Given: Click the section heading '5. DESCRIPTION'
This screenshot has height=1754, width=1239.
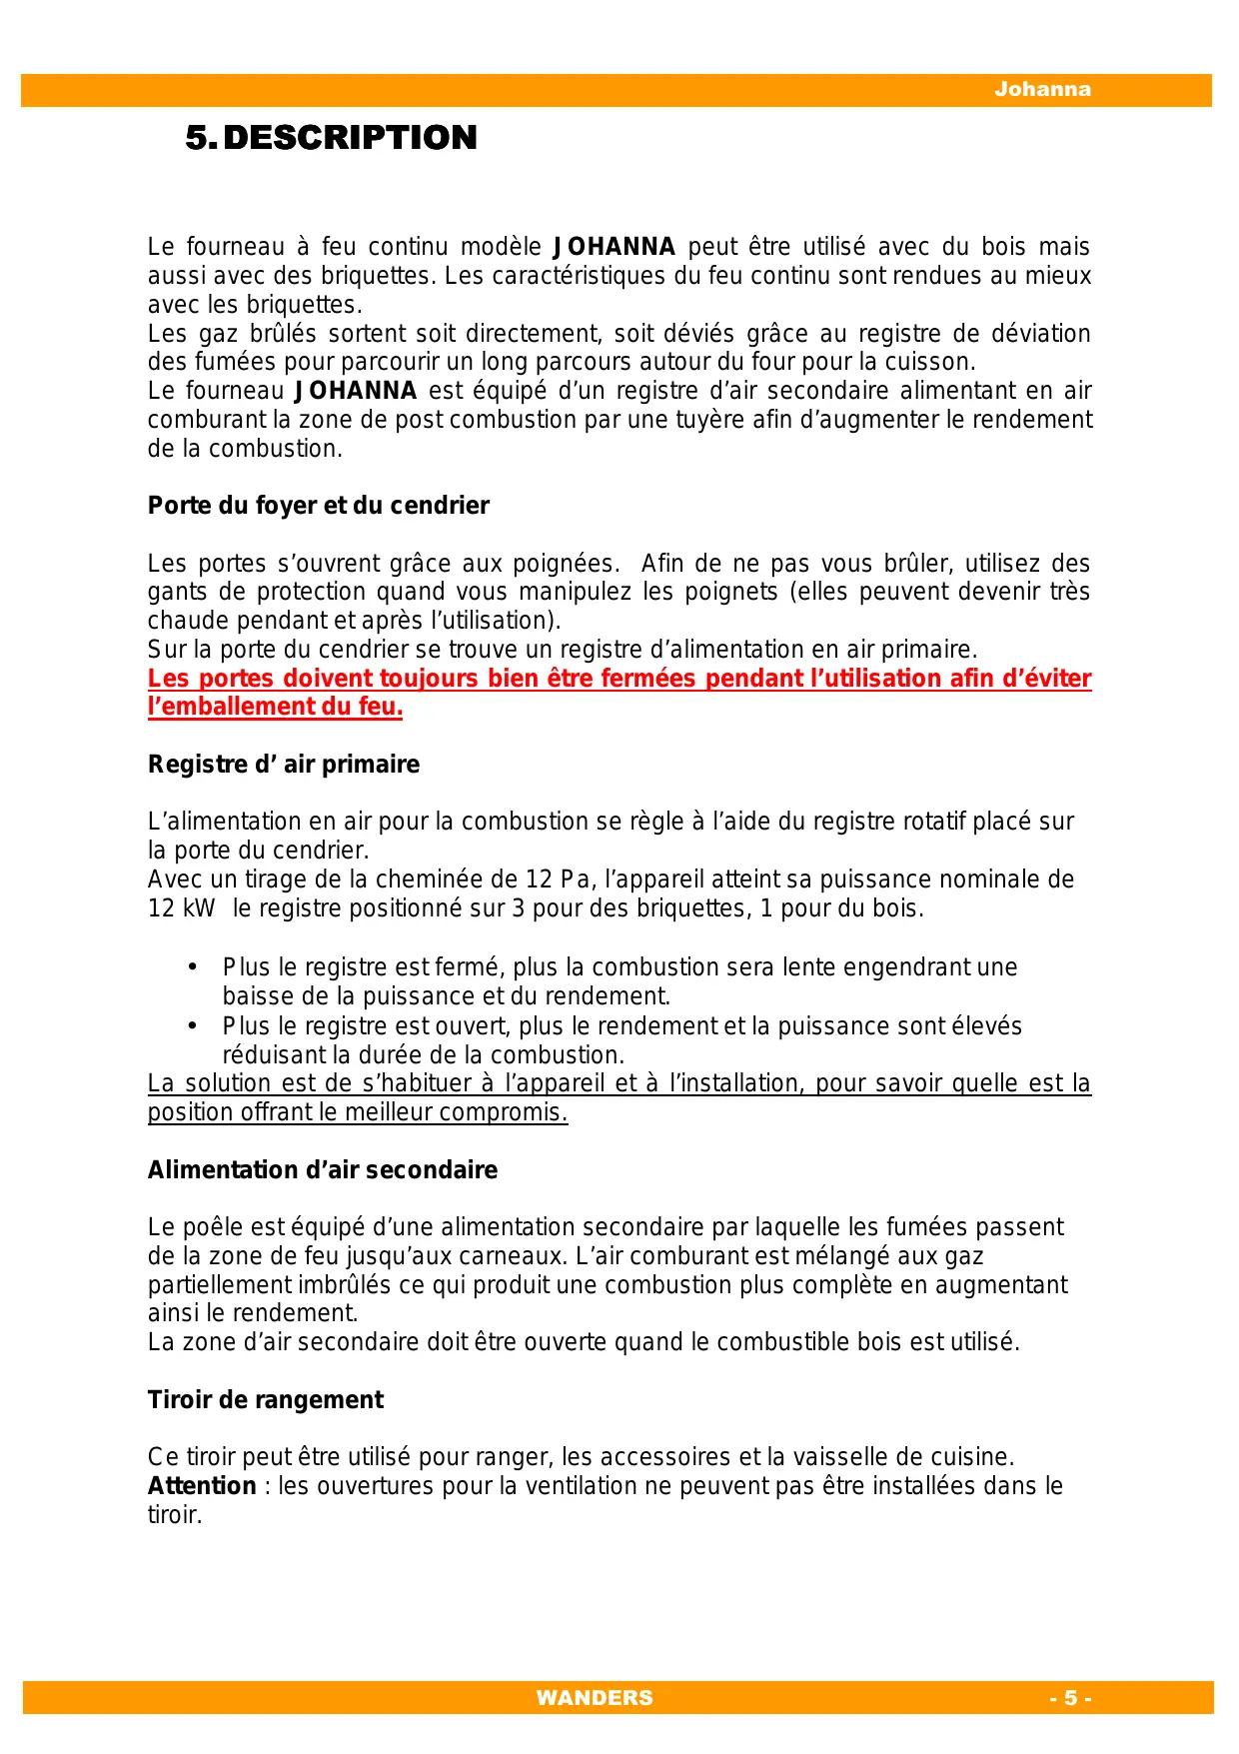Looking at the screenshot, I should [x=331, y=137].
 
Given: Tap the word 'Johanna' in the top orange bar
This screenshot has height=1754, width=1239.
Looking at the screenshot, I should [x=1042, y=89].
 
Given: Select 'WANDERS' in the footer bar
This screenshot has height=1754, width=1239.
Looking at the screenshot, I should [x=595, y=1697].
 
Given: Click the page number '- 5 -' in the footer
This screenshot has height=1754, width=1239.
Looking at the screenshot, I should [x=1070, y=1697].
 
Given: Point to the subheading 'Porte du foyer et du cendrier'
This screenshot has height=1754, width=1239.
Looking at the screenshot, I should [x=318, y=506].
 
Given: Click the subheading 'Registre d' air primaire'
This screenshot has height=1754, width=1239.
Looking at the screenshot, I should [x=284, y=765].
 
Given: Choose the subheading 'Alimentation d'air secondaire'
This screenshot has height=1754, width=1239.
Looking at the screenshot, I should [x=322, y=1170].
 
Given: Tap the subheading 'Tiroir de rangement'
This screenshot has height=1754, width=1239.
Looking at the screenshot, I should [x=265, y=1400].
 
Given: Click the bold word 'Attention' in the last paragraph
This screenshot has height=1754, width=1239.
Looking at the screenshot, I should [x=202, y=1486].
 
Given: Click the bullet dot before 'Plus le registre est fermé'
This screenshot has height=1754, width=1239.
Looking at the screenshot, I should [x=192, y=967].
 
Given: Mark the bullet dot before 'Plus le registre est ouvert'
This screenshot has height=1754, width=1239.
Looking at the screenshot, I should [x=192, y=1026].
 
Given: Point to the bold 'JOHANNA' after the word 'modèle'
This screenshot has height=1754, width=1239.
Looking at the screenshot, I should [x=615, y=247].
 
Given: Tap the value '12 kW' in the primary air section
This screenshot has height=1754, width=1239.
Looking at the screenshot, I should [x=181, y=908].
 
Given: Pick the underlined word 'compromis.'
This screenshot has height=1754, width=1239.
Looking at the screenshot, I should [x=519, y=1112].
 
